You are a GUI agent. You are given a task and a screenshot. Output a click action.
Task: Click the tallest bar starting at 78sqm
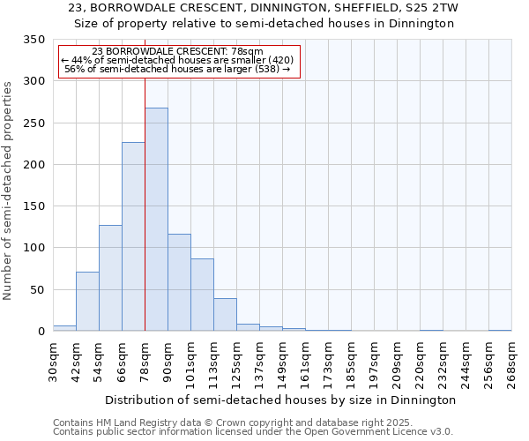[x=156, y=220]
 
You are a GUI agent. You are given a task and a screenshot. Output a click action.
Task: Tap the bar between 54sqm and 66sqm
[x=110, y=278]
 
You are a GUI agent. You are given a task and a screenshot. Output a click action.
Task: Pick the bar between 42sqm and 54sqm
[x=87, y=302]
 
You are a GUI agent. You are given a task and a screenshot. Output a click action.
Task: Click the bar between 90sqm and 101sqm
[x=179, y=282]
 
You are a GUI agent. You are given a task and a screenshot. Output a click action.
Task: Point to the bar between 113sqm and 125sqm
[x=225, y=315]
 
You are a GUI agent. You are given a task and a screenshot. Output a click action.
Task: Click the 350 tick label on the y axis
[x=34, y=40]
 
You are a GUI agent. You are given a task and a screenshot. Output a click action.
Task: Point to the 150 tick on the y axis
[x=34, y=206]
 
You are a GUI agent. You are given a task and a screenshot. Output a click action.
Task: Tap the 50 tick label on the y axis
[x=37, y=290]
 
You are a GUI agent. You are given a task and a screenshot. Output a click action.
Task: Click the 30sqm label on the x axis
[x=53, y=361]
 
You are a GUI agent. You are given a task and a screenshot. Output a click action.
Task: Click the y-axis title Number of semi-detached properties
[x=8, y=190]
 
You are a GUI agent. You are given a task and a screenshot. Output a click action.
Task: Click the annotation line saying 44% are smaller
[x=177, y=61]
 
